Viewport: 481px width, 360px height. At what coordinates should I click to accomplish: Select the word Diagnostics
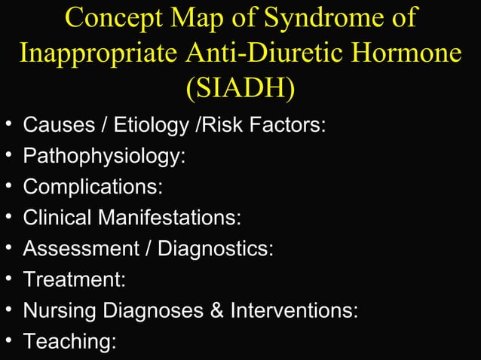pos(215,249)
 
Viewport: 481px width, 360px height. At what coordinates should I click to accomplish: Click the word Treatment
pos(74,280)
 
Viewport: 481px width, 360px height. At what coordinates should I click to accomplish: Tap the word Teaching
pos(70,342)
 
